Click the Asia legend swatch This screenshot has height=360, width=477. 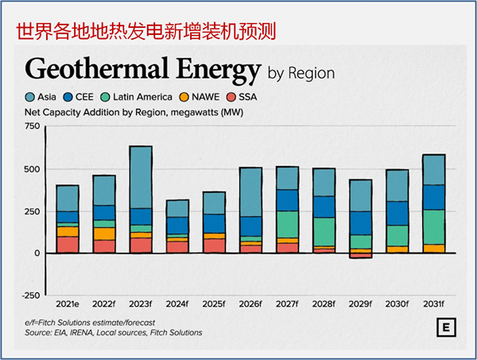click(x=31, y=97)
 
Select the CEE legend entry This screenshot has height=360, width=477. click(x=72, y=97)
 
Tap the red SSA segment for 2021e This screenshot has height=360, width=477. click(x=68, y=244)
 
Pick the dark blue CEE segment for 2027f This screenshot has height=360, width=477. click(x=287, y=199)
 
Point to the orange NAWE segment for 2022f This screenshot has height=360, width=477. click(x=104, y=234)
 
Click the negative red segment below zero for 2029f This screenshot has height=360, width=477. click(x=360, y=255)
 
